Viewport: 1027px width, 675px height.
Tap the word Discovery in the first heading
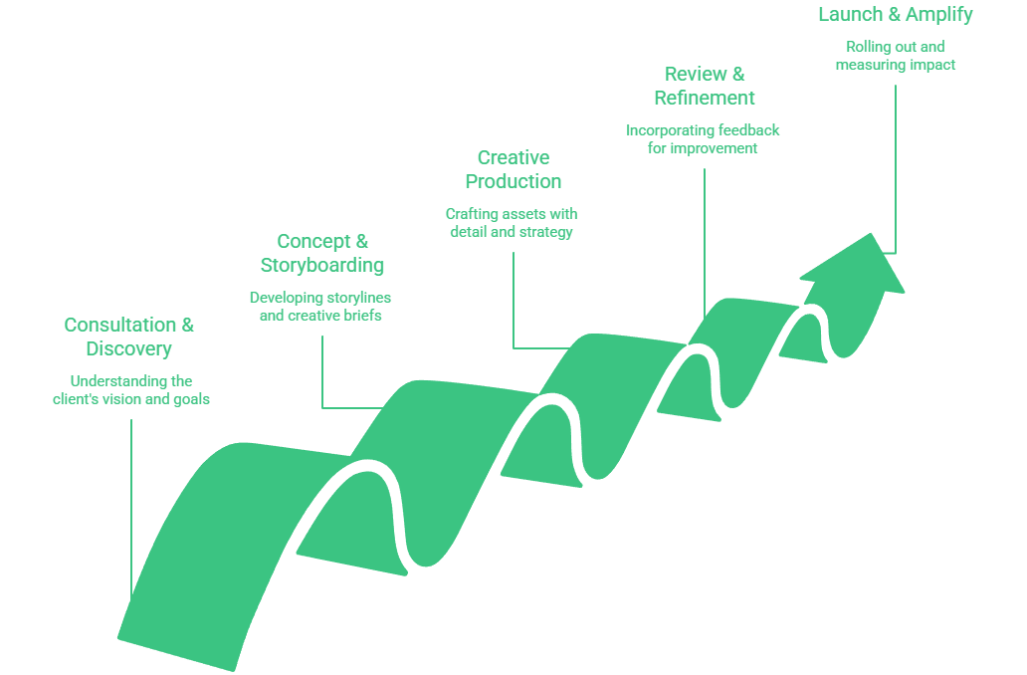click(x=129, y=349)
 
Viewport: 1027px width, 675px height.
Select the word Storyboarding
click(x=322, y=266)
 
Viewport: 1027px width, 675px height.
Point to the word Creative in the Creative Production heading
click(x=513, y=157)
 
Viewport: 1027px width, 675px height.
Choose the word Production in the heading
click(x=513, y=181)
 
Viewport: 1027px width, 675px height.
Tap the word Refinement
click(x=705, y=98)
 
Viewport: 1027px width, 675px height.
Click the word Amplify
click(x=936, y=15)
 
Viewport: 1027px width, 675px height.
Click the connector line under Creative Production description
click(x=513, y=299)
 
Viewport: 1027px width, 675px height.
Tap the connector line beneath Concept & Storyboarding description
click(x=322, y=368)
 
